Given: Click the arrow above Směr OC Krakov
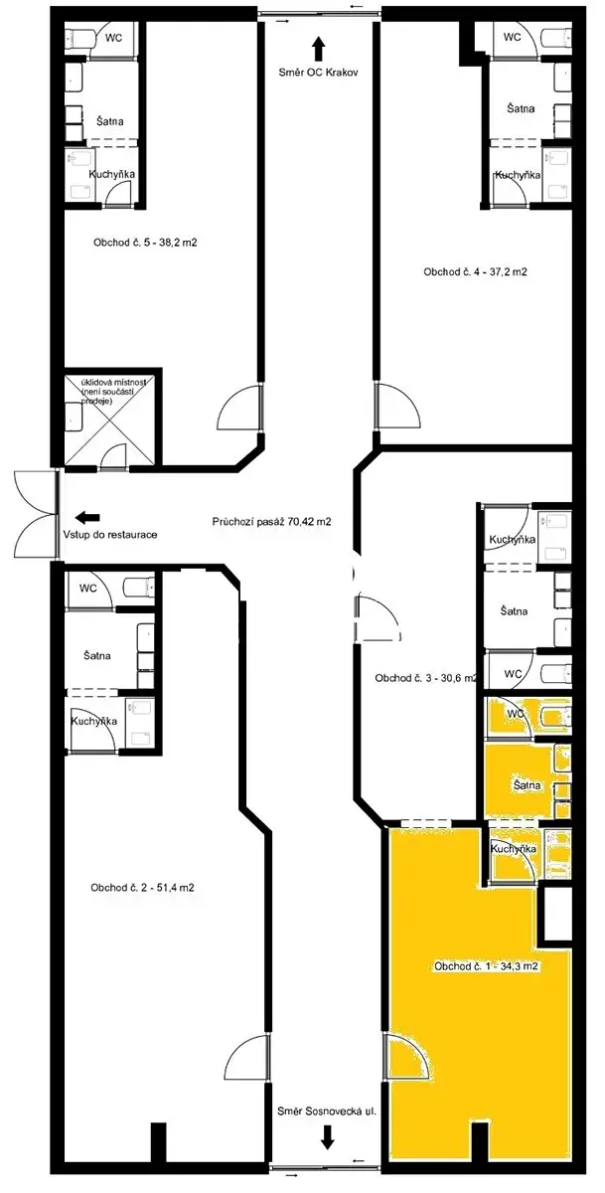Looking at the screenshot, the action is coord(318,49).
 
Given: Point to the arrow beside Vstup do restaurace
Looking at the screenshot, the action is coord(87,517).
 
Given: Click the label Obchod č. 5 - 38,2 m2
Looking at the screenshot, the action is coord(145,243).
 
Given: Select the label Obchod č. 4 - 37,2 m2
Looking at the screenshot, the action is coord(475,271).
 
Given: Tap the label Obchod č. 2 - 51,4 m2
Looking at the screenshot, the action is coord(142,887).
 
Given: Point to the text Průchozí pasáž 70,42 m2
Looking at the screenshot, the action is coord(271,521).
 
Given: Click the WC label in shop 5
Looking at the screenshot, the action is coord(114,38).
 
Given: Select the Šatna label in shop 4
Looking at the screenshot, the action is coord(521,108).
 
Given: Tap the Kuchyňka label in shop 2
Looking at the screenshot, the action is coord(94,721).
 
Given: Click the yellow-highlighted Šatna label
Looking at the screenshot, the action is coord(528,785).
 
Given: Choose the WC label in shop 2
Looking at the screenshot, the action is coord(88,589).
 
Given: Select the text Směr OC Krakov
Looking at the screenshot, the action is coord(318,73).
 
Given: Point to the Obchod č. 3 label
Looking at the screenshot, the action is coord(425,678).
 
